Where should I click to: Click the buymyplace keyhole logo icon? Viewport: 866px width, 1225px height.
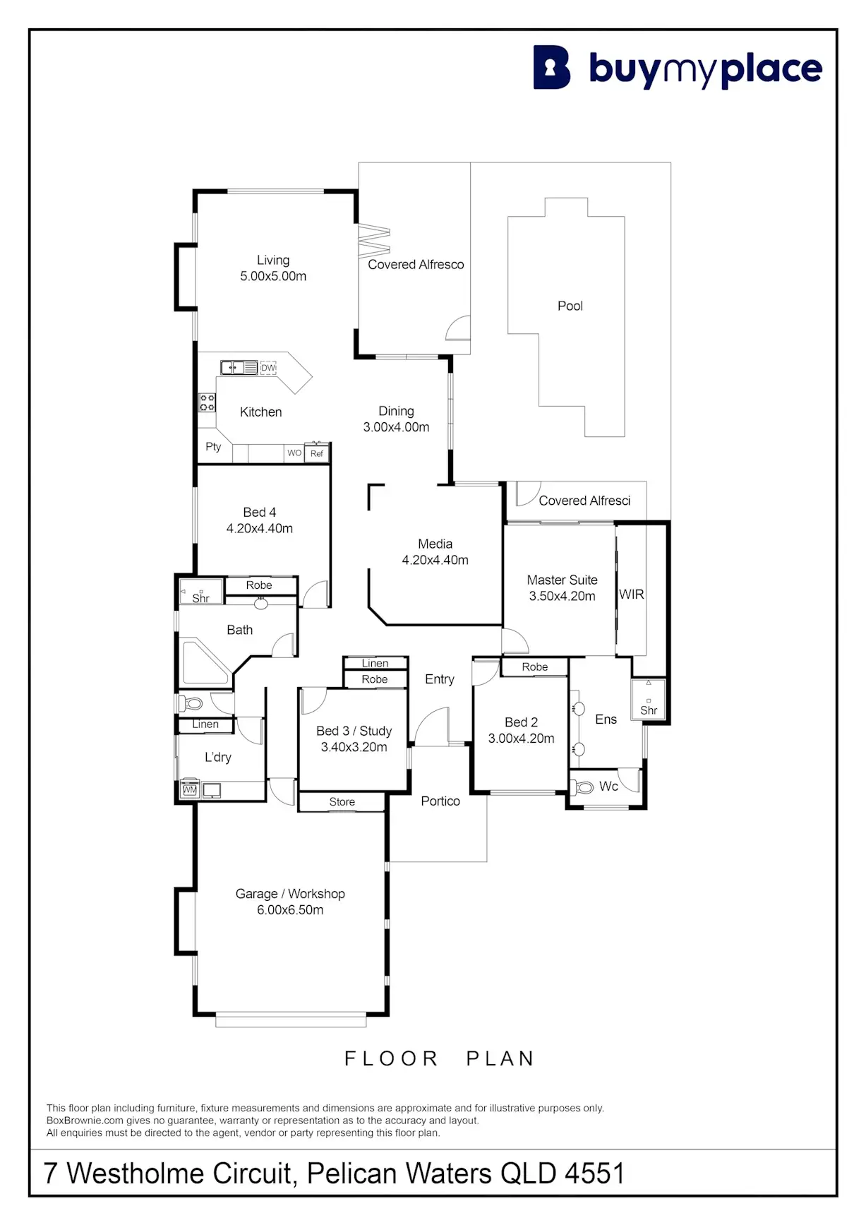pos(551,68)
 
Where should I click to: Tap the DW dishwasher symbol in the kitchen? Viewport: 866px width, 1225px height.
pos(268,368)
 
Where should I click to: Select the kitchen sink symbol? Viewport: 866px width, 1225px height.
pos(239,368)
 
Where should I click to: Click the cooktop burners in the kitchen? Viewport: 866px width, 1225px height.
pos(207,402)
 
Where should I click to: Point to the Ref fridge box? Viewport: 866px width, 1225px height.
pos(317,453)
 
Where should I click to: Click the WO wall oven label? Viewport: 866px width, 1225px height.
pos(294,453)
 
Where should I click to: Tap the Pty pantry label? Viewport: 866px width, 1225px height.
pos(213,446)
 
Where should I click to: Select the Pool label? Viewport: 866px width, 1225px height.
pos(570,306)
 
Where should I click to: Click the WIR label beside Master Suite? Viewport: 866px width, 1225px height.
pos(631,594)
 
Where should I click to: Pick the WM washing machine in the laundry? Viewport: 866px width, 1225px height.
pos(189,790)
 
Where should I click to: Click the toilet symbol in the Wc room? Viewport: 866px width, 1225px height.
pos(584,787)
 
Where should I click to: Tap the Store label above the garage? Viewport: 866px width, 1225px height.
pos(342,802)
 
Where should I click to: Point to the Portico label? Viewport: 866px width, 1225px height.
pos(440,801)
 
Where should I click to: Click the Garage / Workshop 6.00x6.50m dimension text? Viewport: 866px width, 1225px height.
pos(290,910)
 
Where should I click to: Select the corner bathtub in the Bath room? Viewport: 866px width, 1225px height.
pos(203,662)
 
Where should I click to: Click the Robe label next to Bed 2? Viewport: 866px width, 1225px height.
pos(534,667)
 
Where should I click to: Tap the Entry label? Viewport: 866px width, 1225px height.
pos(439,679)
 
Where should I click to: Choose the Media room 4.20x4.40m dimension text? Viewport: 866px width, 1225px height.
pos(435,560)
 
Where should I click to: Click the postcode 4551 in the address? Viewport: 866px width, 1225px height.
pos(594,1173)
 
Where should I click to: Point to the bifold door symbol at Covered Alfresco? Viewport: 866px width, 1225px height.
pos(374,241)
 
